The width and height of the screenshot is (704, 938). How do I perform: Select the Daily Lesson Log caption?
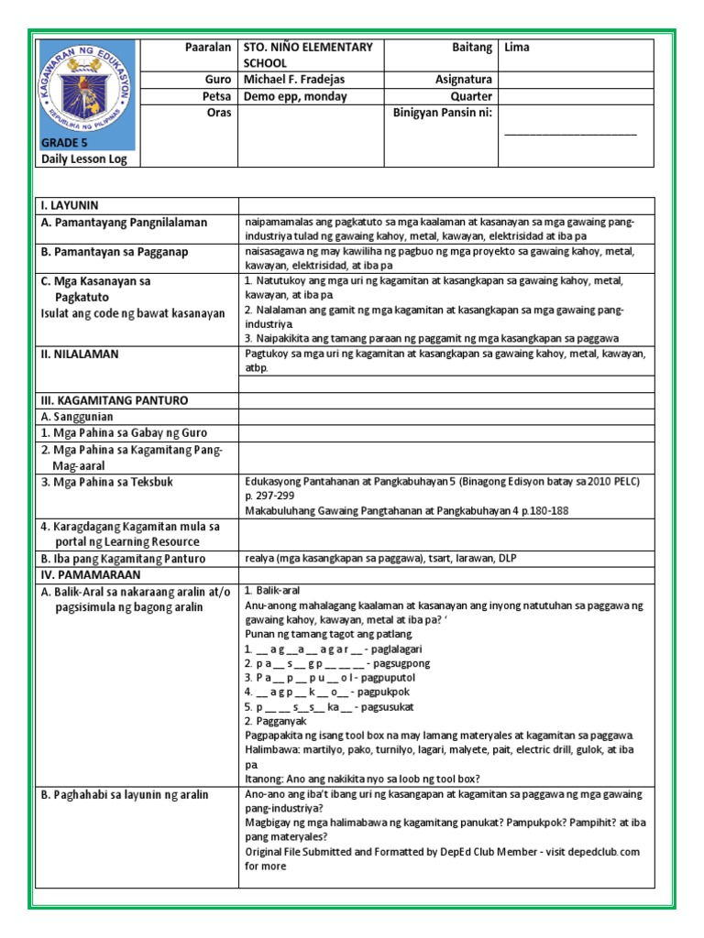(84, 159)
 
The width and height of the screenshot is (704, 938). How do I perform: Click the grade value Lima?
(517, 48)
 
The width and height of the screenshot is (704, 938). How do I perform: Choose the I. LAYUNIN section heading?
(70, 205)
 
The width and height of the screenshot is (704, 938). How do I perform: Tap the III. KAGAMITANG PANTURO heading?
(114, 400)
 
